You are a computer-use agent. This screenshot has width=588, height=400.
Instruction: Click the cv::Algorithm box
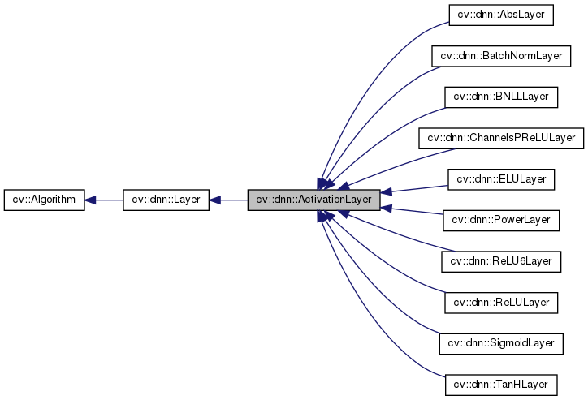pyautogui.click(x=44, y=199)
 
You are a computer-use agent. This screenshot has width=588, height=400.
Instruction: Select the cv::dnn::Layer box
pyautogui.click(x=166, y=199)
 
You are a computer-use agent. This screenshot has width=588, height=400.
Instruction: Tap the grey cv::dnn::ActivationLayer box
pyautogui.click(x=313, y=199)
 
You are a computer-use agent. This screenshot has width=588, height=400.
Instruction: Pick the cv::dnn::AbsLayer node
pyautogui.click(x=501, y=14)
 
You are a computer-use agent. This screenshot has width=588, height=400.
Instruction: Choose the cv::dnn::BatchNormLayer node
pyautogui.click(x=501, y=55)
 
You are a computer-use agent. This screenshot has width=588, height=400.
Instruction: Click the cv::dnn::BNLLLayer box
pyautogui.click(x=501, y=97)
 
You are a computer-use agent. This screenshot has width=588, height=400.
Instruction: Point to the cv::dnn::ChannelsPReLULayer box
pyautogui.click(x=501, y=138)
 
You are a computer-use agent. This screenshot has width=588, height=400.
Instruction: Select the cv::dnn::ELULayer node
pyautogui.click(x=501, y=178)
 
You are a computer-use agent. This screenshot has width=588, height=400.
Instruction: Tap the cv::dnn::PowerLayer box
pyautogui.click(x=501, y=220)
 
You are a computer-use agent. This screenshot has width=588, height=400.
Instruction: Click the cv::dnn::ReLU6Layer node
pyautogui.click(x=501, y=261)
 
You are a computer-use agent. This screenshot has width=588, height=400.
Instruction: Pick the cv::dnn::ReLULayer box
pyautogui.click(x=501, y=302)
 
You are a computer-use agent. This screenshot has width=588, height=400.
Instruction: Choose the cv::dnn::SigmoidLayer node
pyautogui.click(x=501, y=343)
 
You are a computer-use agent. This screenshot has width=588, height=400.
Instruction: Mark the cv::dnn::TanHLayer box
pyautogui.click(x=501, y=385)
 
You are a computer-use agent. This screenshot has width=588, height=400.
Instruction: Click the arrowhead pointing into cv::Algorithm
pyautogui.click(x=92, y=199)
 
